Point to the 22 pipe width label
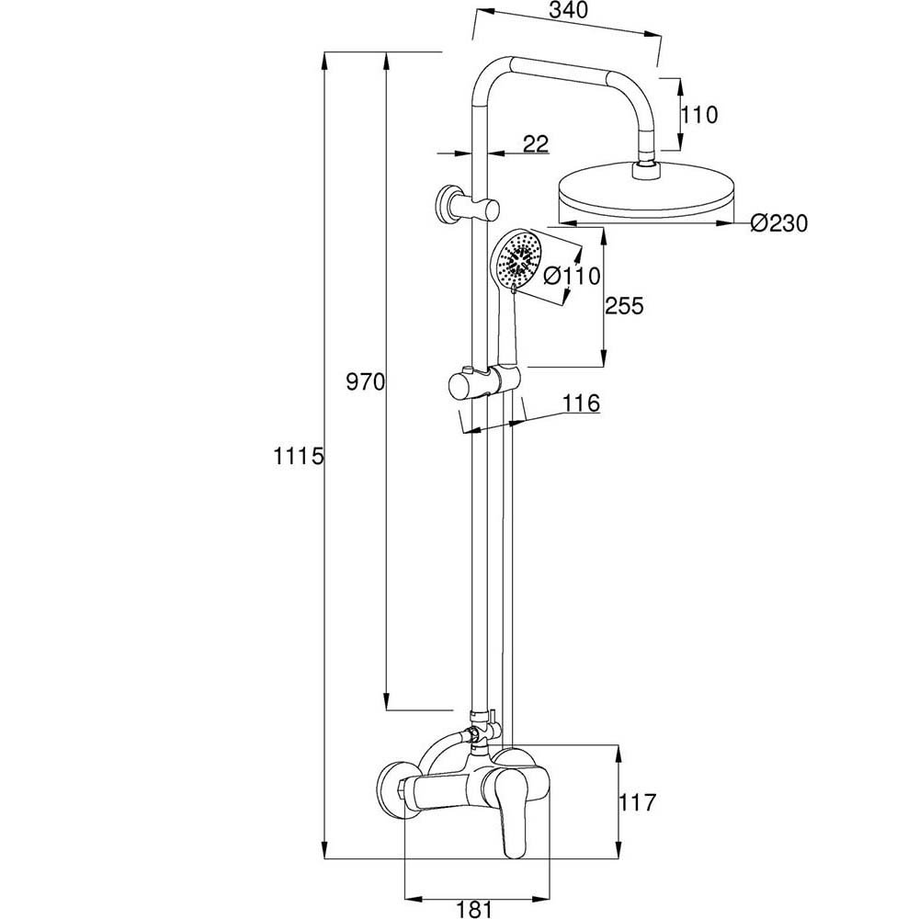pos(535,143)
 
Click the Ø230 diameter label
pos(777,222)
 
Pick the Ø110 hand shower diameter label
pos(571,275)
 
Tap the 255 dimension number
pos(625,306)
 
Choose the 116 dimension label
pos(582,403)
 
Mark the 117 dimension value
pos(639,802)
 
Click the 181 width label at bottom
pos(474,909)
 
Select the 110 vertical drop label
pos(698,116)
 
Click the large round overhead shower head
pos(649,196)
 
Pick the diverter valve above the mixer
pos(481,728)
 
